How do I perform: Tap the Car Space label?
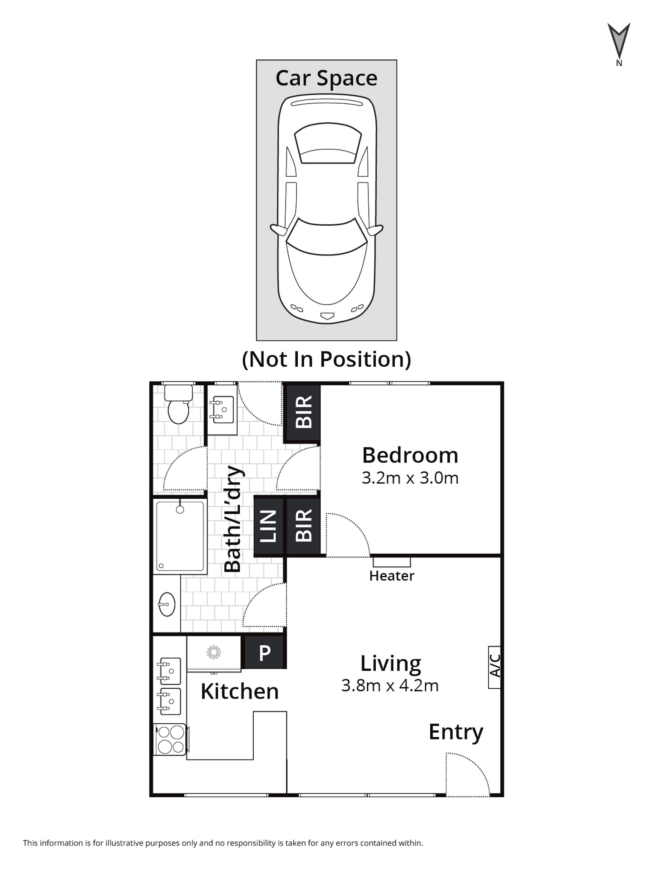click(x=326, y=78)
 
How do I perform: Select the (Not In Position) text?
click(x=326, y=359)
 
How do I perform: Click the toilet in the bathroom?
click(x=178, y=404)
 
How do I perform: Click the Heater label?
click(x=392, y=576)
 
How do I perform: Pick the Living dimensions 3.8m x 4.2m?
click(x=390, y=685)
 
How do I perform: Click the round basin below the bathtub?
click(x=167, y=604)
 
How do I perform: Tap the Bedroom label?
click(x=410, y=455)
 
